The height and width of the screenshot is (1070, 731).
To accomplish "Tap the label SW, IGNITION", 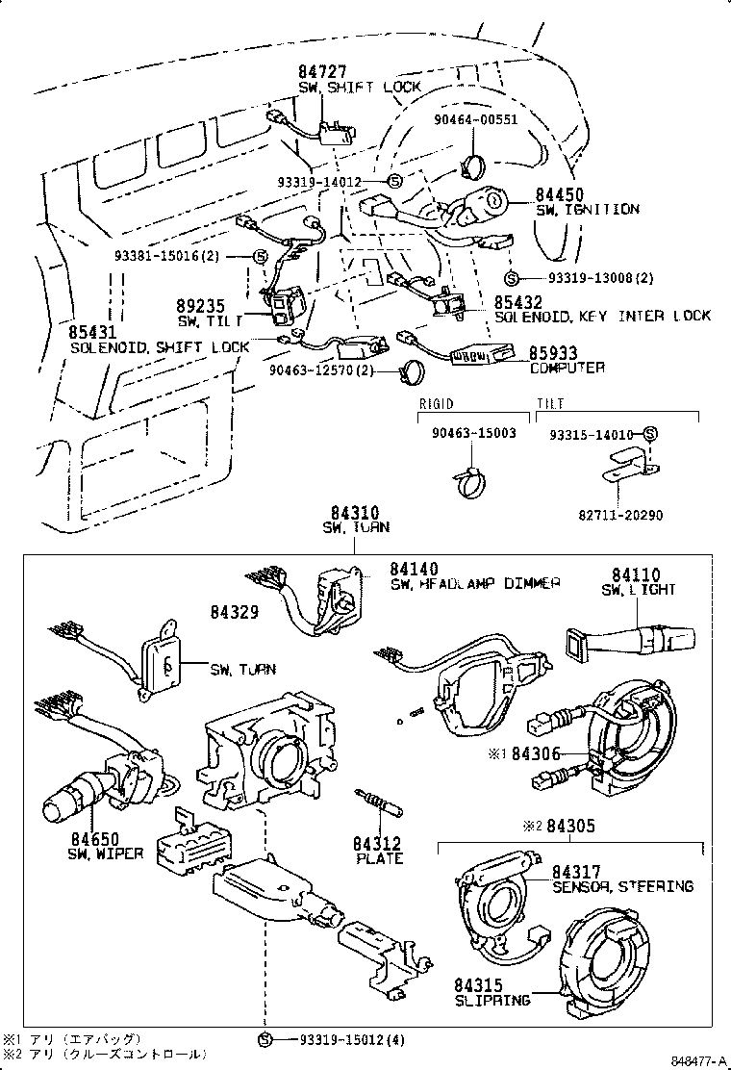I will (x=587, y=209).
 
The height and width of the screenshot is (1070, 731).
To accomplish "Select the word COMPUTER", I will (x=567, y=368).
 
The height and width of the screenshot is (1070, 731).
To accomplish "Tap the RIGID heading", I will (x=436, y=404).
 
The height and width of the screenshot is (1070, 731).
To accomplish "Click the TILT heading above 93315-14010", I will (x=550, y=404).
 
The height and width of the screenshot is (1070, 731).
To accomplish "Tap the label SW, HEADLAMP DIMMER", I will (x=475, y=584).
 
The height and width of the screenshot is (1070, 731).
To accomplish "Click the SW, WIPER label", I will (x=105, y=853).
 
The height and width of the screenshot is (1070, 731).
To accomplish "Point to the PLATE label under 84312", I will (x=379, y=858).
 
